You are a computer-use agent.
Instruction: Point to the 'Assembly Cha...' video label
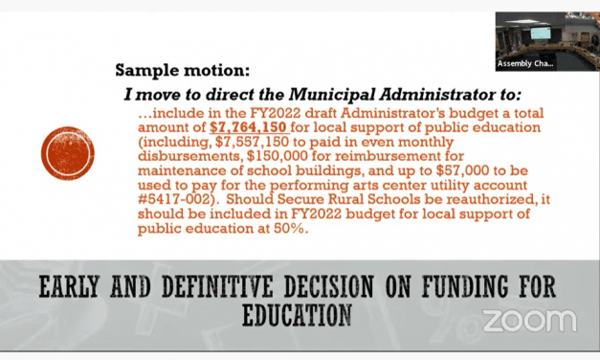click(525, 64)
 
